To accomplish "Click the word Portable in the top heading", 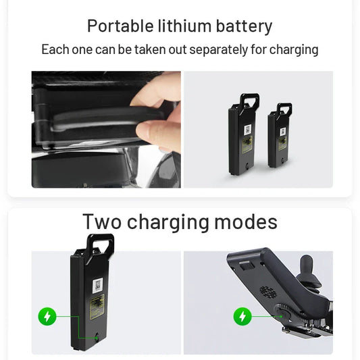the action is click(x=120, y=26).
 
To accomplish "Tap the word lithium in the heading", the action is click(x=184, y=26).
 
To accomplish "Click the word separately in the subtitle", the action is click(x=218, y=50).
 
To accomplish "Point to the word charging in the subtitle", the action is click(x=294, y=50).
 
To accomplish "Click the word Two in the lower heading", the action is click(x=102, y=222).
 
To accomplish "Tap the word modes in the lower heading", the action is click(x=246, y=222).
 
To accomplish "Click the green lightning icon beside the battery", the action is click(x=47, y=316).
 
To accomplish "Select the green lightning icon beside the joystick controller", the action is click(x=242, y=316).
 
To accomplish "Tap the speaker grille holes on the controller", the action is click(x=267, y=292).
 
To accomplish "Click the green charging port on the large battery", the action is click(x=97, y=338).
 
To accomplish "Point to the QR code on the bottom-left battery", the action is click(x=98, y=285).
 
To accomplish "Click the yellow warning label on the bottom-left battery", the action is click(x=97, y=307).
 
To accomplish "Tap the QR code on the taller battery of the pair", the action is click(x=247, y=130).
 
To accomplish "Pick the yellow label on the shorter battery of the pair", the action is click(x=282, y=143).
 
